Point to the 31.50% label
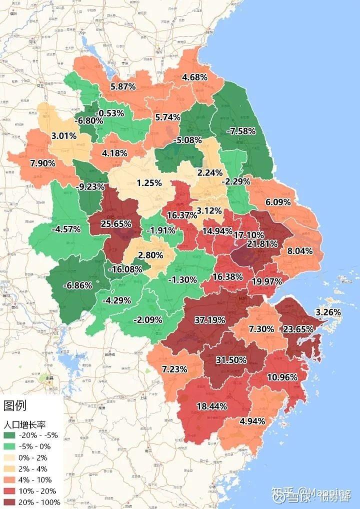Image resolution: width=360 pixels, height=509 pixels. [x=231, y=360]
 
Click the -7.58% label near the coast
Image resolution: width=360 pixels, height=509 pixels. [x=241, y=131]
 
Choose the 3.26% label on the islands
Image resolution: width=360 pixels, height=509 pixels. [x=328, y=312]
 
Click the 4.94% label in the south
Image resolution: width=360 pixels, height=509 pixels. [x=252, y=420]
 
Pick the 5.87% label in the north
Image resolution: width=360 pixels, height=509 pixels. [x=123, y=86]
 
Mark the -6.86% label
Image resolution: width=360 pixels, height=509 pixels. [x=77, y=285]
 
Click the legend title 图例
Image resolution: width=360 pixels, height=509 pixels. [x=14, y=404]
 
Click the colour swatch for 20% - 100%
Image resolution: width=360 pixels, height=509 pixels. [x=9, y=502]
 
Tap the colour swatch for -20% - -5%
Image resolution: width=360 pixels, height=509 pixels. [x=9, y=435]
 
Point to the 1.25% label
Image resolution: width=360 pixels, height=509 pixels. [x=149, y=182]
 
